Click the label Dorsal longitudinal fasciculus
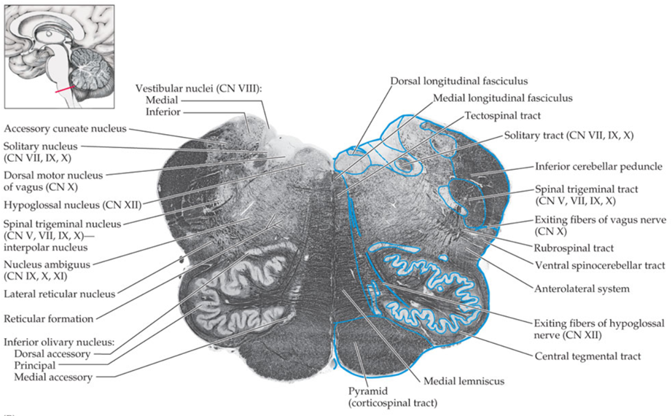(458, 81)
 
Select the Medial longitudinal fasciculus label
(502, 98)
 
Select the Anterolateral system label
(582, 289)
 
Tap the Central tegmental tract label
(587, 356)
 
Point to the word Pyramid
(367, 391)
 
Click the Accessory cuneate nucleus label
(64, 128)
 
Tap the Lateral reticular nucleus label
(60, 294)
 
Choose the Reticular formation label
(49, 318)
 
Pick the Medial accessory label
(53, 377)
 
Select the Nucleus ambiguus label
(46, 264)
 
